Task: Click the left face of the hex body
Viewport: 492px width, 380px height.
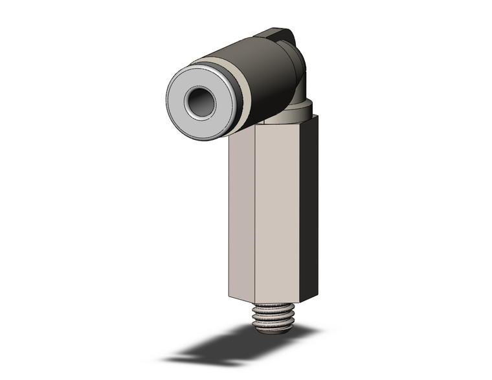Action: pos(241,214)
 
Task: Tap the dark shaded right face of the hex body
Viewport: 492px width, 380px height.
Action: pos(309,207)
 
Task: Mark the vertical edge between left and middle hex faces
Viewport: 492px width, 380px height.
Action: pos(255,214)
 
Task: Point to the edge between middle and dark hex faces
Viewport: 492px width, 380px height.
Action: pos(300,214)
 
